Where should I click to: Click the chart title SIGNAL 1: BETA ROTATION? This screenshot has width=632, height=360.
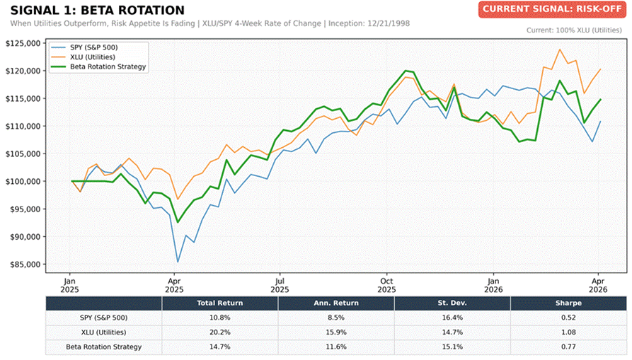pyautogui.click(x=97, y=11)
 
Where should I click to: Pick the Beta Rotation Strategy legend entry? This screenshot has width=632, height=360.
pyautogui.click(x=108, y=66)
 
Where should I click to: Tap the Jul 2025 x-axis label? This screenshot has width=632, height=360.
pyautogui.click(x=280, y=284)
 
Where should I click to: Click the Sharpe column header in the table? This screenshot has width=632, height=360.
pyautogui.click(x=568, y=303)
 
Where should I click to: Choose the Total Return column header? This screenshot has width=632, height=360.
pyautogui.click(x=219, y=303)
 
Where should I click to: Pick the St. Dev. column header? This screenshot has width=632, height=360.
pyautogui.click(x=452, y=303)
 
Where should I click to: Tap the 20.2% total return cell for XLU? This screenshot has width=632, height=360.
pyautogui.click(x=219, y=332)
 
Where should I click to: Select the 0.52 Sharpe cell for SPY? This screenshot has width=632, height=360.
pyautogui.click(x=568, y=318)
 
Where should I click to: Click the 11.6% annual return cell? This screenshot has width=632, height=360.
pyautogui.click(x=336, y=347)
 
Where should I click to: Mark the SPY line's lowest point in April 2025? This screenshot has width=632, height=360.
pyautogui.click(x=177, y=262)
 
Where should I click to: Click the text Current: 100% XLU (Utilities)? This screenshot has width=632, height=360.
pyautogui.click(x=577, y=30)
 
